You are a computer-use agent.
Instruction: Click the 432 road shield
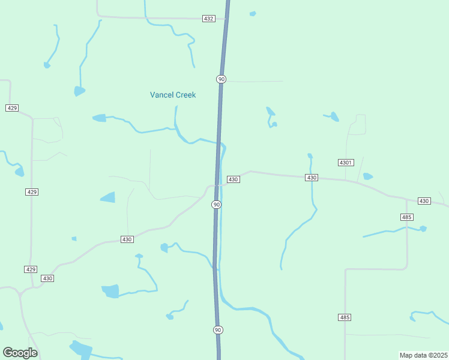tap(208, 19)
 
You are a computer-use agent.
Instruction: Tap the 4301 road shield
tap(346, 163)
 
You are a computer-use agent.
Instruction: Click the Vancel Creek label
tap(173, 95)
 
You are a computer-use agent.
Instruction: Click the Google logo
tap(20, 353)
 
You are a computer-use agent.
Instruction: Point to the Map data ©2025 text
tap(423, 355)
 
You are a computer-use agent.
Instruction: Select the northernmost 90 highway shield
tap(221, 79)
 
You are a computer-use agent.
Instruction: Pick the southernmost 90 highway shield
tap(218, 329)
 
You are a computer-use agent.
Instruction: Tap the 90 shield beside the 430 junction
tap(217, 205)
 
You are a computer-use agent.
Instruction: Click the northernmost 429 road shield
tap(12, 108)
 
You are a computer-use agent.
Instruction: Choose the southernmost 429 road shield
tap(31, 269)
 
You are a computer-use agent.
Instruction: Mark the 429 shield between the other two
tap(32, 192)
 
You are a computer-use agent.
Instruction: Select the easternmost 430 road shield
tap(424, 200)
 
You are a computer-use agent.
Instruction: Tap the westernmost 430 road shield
tap(48, 278)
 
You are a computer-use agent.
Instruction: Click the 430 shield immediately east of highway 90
tap(234, 179)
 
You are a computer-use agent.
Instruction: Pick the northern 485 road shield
tap(406, 217)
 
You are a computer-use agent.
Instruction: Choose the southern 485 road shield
tap(344, 317)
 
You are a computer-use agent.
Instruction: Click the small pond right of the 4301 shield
tap(367, 176)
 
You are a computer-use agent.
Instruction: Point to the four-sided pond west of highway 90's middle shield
tap(108, 197)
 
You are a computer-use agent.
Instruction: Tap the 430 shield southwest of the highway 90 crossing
tap(127, 239)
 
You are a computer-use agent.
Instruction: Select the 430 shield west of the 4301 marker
tap(311, 178)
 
